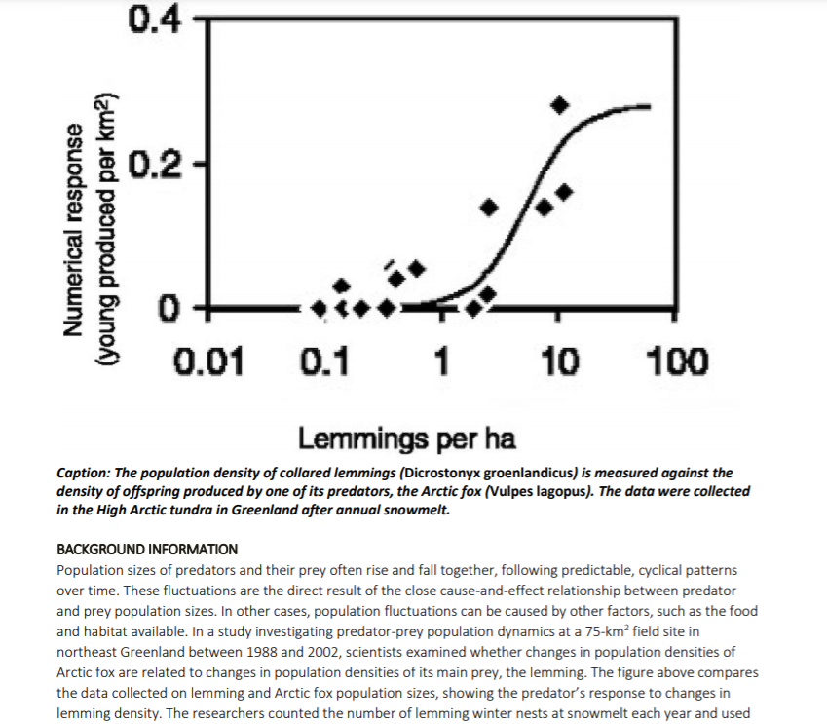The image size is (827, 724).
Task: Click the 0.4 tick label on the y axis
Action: (x=152, y=18)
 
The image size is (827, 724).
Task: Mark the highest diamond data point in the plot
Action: (x=559, y=104)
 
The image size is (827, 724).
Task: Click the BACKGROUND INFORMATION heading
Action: (x=147, y=550)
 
